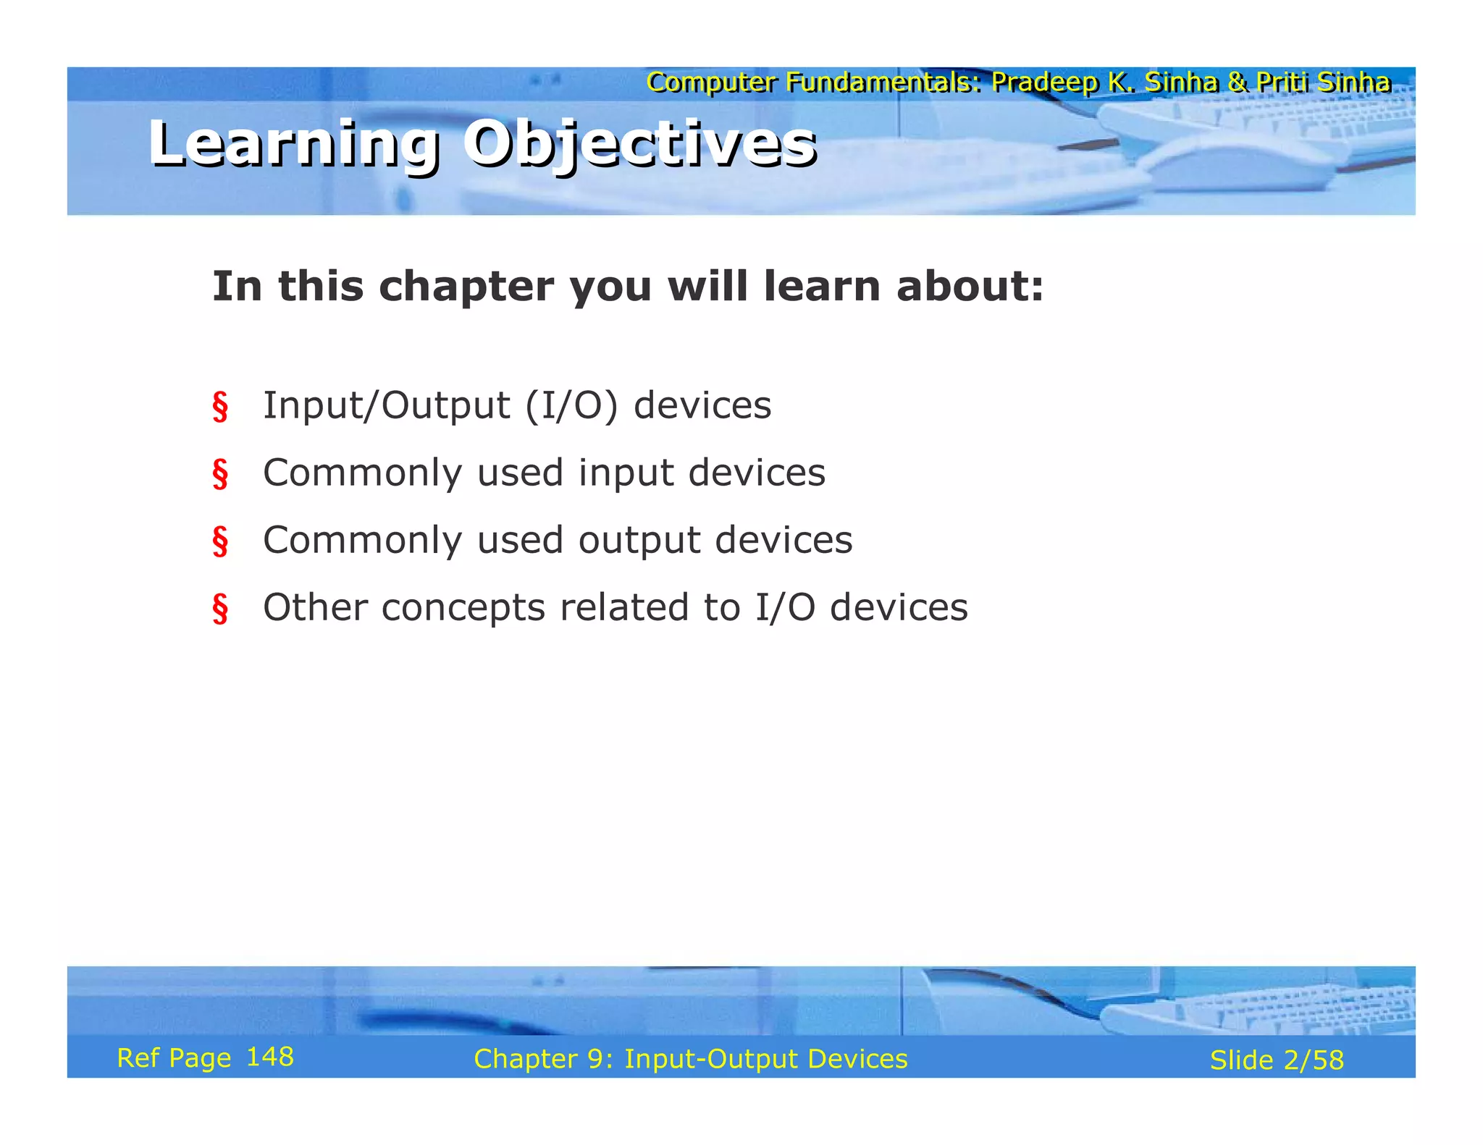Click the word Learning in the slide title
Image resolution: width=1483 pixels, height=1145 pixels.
click(293, 145)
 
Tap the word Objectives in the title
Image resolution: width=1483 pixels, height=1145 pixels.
click(640, 145)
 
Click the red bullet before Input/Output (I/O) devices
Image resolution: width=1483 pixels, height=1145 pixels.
click(220, 406)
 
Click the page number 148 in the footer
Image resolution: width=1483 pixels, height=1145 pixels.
click(269, 1057)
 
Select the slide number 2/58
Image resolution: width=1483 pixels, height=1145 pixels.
click(1313, 1060)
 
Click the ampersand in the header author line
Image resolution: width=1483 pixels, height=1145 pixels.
click(1238, 83)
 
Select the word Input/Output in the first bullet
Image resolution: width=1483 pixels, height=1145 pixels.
click(386, 405)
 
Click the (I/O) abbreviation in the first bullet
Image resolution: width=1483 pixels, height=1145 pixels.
click(571, 405)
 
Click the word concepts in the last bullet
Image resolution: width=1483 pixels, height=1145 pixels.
click(463, 607)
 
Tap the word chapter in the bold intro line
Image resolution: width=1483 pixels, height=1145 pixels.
click(466, 287)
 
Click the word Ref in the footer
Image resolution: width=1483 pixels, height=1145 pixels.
click(138, 1058)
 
